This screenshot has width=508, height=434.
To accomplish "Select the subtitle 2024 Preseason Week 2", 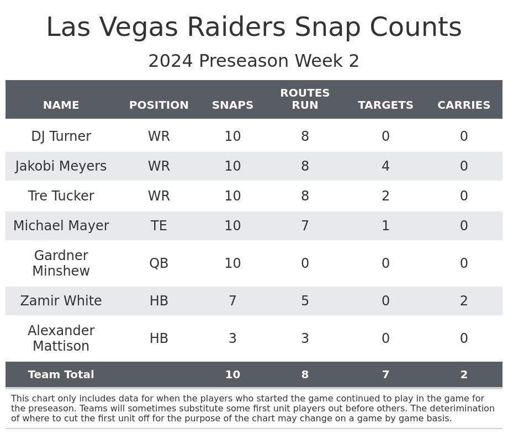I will coord(254,61).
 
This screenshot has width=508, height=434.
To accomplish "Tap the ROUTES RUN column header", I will coord(305,99).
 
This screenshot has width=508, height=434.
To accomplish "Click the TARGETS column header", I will coord(385,105).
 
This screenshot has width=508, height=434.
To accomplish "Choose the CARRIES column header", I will coord(464,105).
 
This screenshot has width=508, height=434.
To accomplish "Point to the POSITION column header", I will coord(159,105).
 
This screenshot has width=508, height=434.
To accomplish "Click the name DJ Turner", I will coord(61,137).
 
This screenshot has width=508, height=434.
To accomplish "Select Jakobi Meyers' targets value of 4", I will coord(385,167).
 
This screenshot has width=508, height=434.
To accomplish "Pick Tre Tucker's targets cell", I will coord(385,197).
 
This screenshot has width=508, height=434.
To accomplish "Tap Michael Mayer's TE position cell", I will coord(159,226).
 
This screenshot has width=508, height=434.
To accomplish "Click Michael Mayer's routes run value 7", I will coord(305,226).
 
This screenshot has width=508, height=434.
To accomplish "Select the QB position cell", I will coord(159,264).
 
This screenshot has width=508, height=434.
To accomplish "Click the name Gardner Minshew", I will coord(61,264).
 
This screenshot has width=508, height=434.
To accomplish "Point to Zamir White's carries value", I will coord(464,301).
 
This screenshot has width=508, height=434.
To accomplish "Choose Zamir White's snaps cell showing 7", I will coord(232,301).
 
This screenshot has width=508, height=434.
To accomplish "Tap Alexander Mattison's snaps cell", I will coord(232,339).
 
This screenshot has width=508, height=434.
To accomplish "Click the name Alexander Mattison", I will coord(61,339).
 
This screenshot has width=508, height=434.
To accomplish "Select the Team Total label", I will coord(61,375).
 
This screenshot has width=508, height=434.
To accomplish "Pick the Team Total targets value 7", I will coord(385,375).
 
